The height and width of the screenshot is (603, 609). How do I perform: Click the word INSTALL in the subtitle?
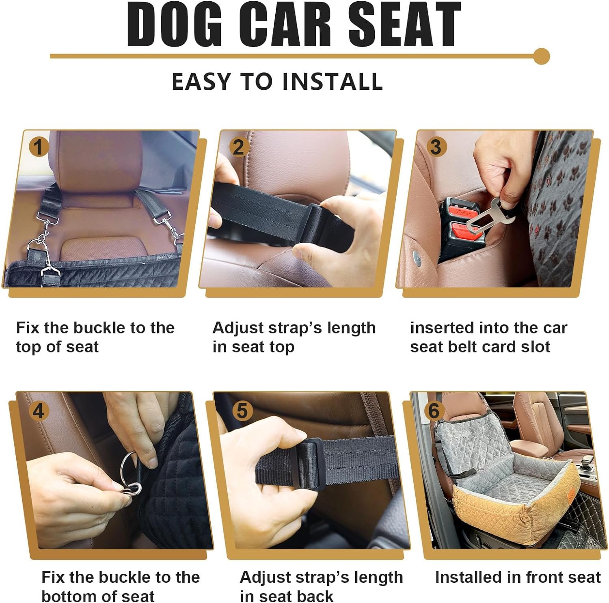tap(333, 81)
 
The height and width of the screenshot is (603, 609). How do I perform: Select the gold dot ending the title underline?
tap(541, 56)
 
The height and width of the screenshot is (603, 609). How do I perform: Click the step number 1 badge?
tap(39, 147)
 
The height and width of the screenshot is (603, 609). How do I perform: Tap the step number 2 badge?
tap(239, 147)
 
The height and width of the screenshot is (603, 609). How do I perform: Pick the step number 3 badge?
tap(436, 147)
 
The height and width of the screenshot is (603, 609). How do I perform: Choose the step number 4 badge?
tap(38, 411)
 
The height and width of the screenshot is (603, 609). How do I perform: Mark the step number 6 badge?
tap(434, 411)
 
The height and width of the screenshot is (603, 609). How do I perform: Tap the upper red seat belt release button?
tap(463, 212)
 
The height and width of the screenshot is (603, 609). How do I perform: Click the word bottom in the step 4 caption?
tap(72, 597)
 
